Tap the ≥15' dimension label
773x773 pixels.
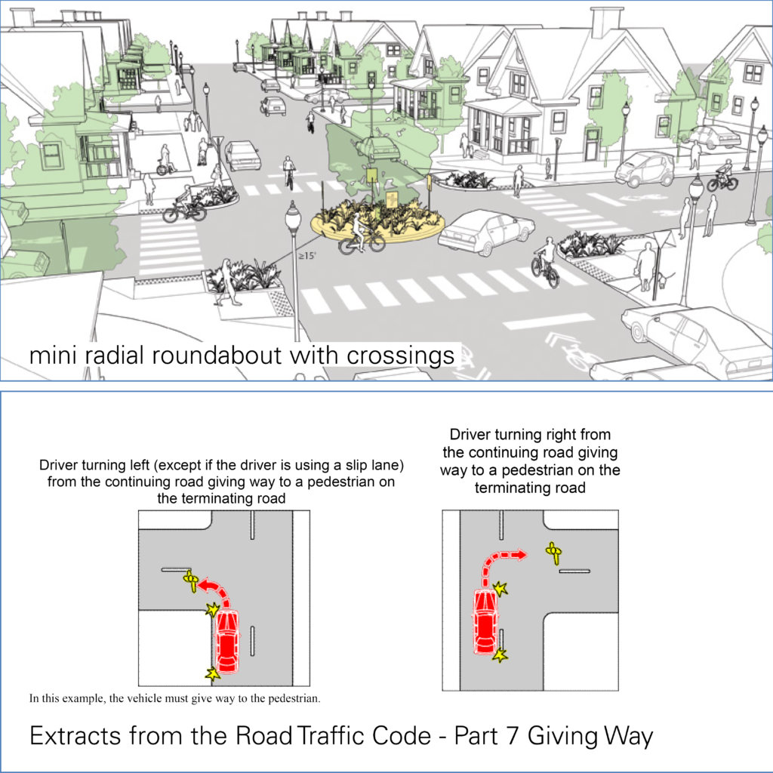[x=306, y=256]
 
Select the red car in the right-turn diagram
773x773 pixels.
[x=485, y=621]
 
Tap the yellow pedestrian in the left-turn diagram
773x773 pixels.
[x=191, y=580]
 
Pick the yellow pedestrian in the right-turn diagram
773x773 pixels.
[x=554, y=553]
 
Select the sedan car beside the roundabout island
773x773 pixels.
[x=485, y=232]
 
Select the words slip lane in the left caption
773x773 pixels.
[x=366, y=465]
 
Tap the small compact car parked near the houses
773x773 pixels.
[x=644, y=169]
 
